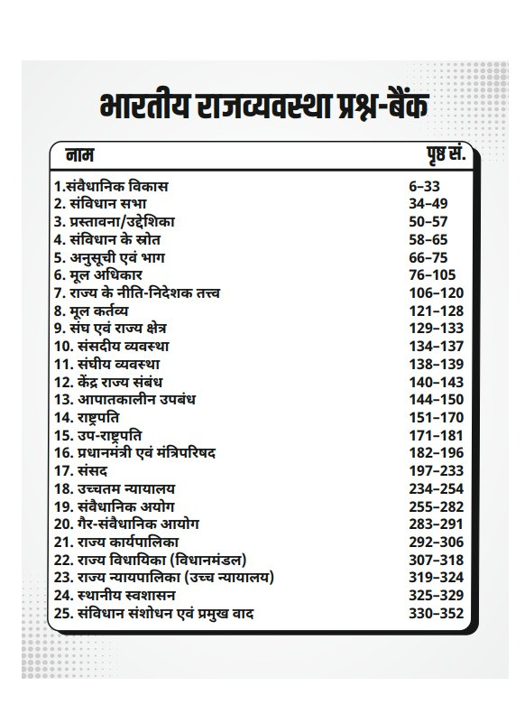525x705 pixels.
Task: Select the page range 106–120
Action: (x=437, y=292)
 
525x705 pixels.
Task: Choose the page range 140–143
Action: (x=437, y=382)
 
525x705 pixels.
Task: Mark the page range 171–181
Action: (x=437, y=435)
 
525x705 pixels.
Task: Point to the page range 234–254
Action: (x=437, y=488)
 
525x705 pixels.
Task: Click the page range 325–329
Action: (x=437, y=596)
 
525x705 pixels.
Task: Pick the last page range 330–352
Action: (x=437, y=614)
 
